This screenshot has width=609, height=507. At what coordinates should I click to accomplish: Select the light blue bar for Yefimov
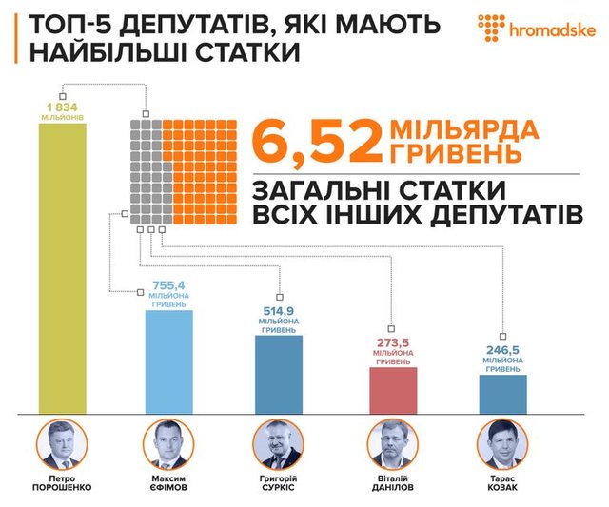(x=168, y=361)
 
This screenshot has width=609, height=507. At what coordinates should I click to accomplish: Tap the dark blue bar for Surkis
(x=278, y=374)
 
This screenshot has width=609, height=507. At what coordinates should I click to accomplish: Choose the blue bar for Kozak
(x=502, y=394)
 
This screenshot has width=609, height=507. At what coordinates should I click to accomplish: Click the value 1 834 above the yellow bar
(x=61, y=106)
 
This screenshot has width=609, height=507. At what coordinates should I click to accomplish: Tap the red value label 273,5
(x=392, y=342)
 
